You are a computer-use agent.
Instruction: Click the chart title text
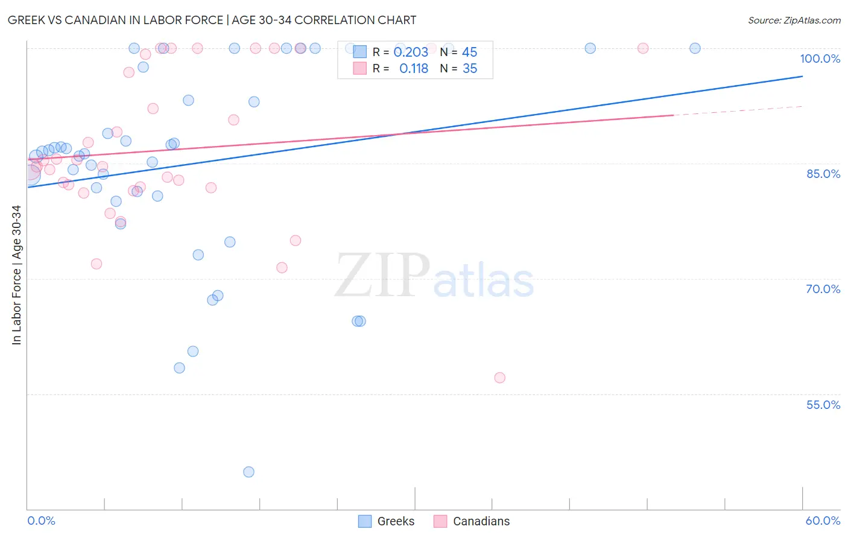click(212, 20)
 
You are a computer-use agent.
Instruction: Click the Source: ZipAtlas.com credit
click(794, 20)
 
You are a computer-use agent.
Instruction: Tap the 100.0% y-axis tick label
click(820, 59)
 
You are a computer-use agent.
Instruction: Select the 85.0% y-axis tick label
click(823, 174)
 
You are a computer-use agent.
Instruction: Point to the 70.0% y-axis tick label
click(823, 289)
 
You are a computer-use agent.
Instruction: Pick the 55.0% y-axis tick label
click(823, 405)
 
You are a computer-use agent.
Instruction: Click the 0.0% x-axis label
click(41, 521)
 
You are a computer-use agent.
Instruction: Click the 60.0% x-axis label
click(822, 521)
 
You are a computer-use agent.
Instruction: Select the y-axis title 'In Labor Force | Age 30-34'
click(16, 275)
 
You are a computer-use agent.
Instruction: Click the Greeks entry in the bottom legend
click(387, 521)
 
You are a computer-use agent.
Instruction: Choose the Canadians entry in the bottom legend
click(472, 521)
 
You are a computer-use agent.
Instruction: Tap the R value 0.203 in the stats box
click(411, 52)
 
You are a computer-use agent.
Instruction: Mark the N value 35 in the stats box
click(470, 69)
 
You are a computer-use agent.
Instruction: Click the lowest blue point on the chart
click(248, 472)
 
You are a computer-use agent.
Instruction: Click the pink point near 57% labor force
click(499, 378)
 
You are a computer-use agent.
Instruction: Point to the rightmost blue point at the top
click(695, 48)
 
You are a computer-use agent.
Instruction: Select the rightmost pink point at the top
click(643, 48)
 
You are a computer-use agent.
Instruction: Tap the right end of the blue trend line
click(802, 77)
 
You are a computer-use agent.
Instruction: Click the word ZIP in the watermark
click(382, 276)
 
